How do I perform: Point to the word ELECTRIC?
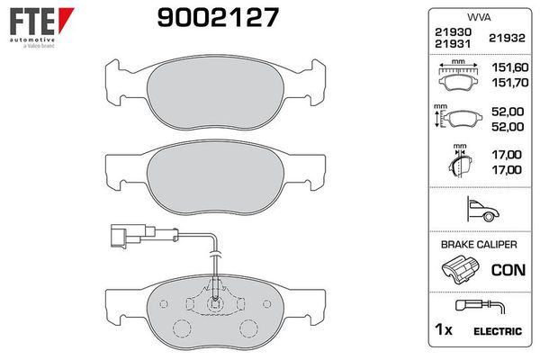pyautogui.click(x=499, y=331)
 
